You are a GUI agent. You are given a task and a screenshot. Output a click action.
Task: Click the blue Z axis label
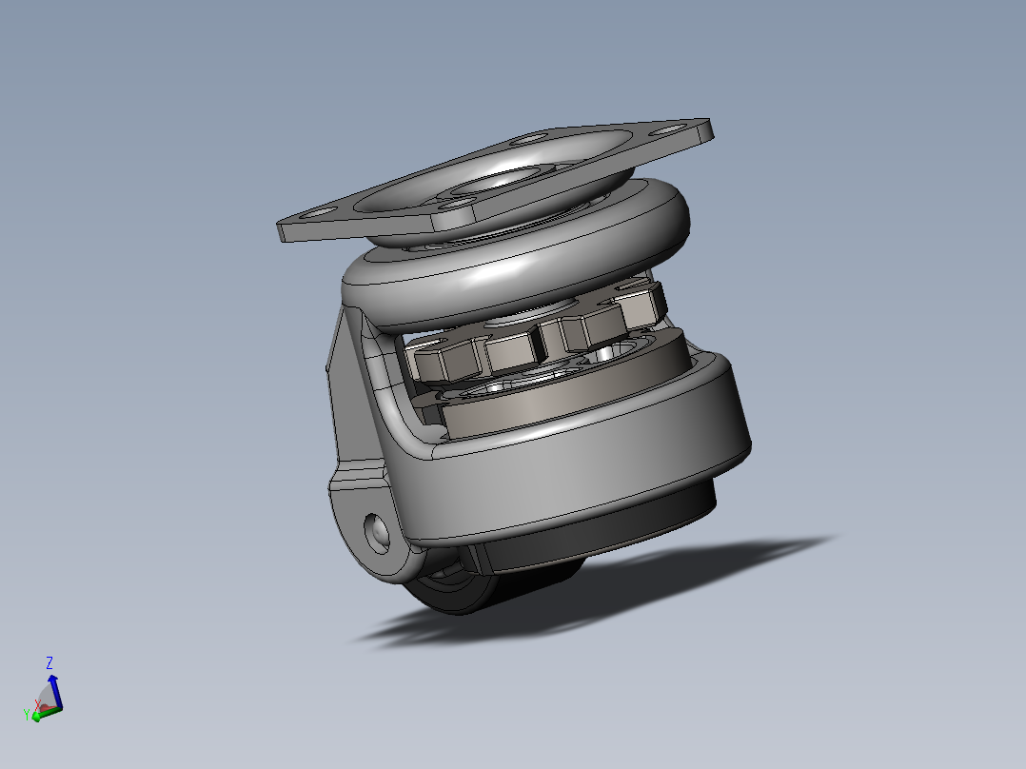tap(49, 662)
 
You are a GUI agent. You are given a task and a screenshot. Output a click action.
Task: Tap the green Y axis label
tap(28, 715)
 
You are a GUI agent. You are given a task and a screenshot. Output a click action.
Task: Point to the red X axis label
tap(38, 704)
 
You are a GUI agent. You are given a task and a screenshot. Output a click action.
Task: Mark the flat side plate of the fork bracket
tap(348, 400)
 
